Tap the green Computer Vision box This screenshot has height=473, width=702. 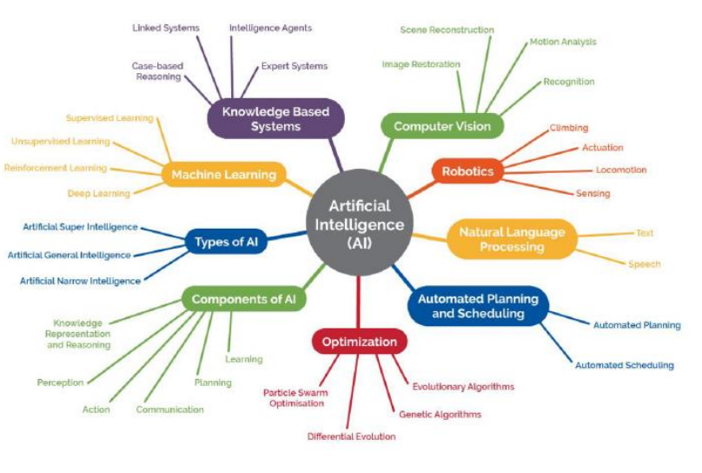pos(442,126)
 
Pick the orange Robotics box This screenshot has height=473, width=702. pos(467,171)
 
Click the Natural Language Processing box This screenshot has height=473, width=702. pos(512,239)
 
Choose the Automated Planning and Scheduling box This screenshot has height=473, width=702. pos(478,306)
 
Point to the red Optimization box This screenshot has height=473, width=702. pos(359,342)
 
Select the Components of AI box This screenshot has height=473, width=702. pos(244,300)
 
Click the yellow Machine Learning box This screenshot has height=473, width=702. pos(223,175)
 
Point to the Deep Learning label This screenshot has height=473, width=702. pos(99,193)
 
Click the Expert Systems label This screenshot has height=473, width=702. pos(295,66)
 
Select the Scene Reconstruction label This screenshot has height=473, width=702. pos(447,30)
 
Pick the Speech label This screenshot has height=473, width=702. pos(645,263)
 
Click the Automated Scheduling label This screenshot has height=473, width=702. pos(624,365)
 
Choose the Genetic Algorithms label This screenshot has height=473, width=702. pos(440,414)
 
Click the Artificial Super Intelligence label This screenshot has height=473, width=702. pos(80,227)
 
